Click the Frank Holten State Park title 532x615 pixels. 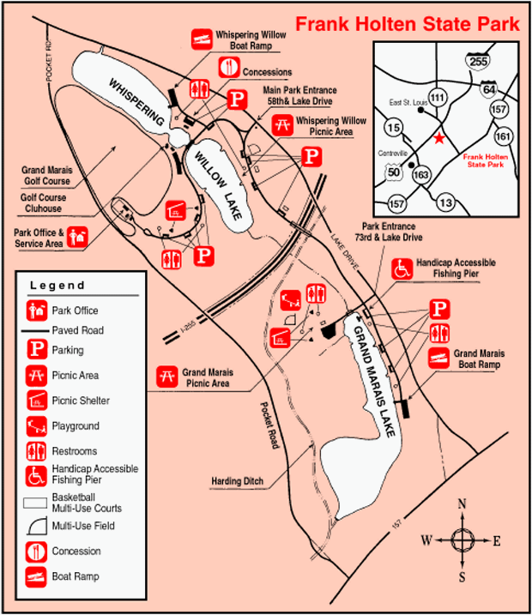pos(407,24)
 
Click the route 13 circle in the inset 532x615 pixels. pos(445,202)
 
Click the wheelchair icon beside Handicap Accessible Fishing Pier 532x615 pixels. pos(401,268)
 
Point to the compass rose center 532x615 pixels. pos(462,540)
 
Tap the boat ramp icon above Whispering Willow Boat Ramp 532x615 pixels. pos(201,38)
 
